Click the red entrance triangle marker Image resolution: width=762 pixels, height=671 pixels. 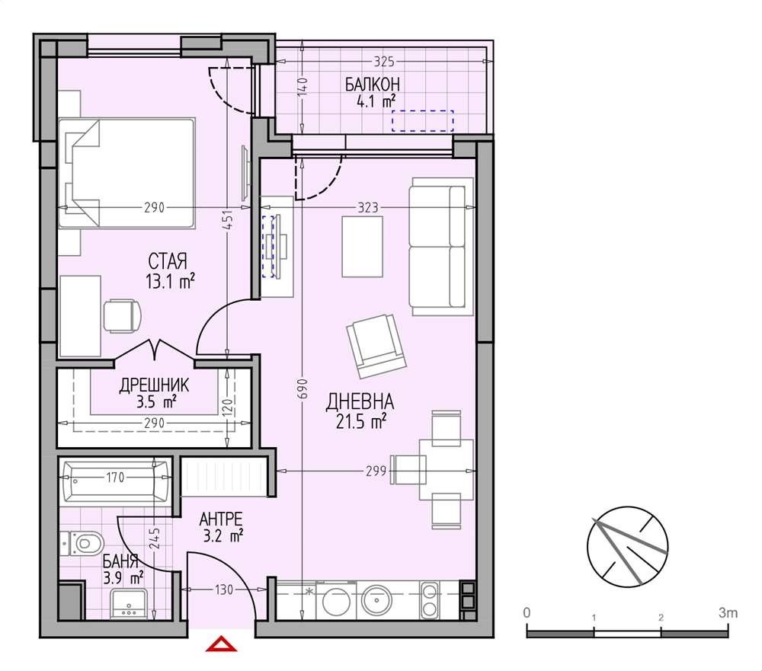pos(221,644)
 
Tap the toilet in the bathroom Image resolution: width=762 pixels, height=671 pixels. pos(82,543)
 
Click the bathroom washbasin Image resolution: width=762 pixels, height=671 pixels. pos(128,604)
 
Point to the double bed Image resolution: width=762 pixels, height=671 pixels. pos(126,173)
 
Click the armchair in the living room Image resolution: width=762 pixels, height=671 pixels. pos(376,346)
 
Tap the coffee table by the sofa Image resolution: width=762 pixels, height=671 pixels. pos(362,247)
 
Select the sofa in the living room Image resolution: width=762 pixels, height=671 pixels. pos(440,247)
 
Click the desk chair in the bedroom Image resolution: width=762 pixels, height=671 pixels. pos(123,316)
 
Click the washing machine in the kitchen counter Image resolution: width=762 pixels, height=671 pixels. pos(336,600)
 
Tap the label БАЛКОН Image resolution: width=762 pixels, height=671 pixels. pos(373,85)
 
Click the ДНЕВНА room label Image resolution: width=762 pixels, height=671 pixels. pos(360,402)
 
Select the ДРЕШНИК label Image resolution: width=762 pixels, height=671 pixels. pos(154,386)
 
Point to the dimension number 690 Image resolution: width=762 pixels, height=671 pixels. pos(302,389)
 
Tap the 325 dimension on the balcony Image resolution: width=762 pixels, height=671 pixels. pos(384,62)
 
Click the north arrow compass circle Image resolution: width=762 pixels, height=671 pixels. pos(627,547)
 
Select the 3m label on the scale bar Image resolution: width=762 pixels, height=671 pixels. pos(728,613)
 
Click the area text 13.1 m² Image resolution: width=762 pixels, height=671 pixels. pos(171,281)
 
